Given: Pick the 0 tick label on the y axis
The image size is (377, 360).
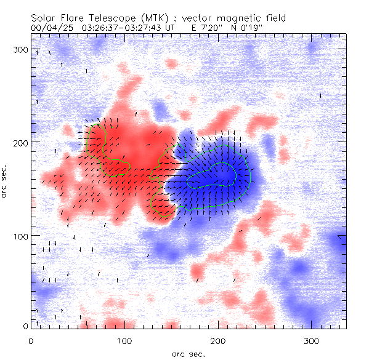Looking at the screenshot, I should click(x=25, y=326).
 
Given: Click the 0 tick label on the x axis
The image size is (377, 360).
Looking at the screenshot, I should click(x=31, y=340).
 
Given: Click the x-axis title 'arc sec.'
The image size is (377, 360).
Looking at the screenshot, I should click(x=188, y=354).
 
